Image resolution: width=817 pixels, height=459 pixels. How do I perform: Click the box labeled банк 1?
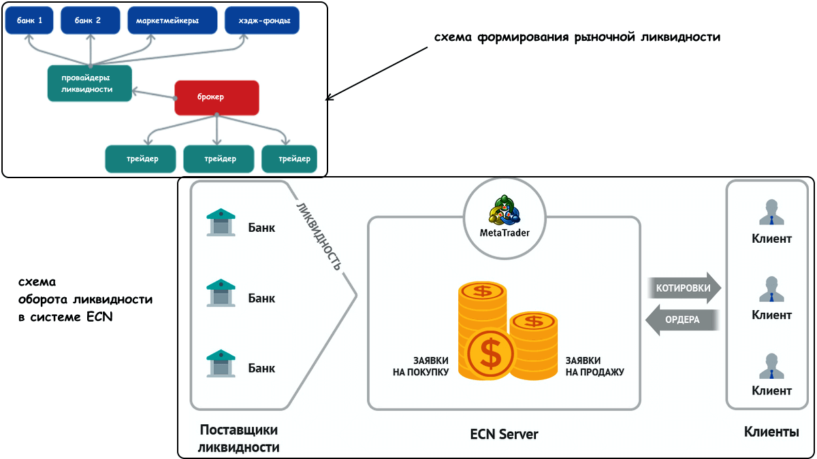(x=31, y=20)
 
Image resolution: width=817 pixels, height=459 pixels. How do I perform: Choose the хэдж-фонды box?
(x=261, y=20)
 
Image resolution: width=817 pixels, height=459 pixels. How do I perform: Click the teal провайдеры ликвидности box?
(x=89, y=83)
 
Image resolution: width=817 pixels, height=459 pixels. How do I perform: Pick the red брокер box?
(x=217, y=97)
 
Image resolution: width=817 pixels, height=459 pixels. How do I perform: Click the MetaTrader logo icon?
(x=504, y=211)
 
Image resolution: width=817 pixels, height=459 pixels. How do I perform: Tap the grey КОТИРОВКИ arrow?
(x=683, y=288)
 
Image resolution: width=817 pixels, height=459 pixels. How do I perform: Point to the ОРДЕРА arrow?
(x=682, y=320)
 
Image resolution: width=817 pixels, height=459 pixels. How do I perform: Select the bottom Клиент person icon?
(x=771, y=366)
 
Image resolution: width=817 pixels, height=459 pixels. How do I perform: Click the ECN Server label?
(x=504, y=434)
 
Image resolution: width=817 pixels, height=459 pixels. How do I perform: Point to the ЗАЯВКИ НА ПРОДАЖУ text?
(x=594, y=367)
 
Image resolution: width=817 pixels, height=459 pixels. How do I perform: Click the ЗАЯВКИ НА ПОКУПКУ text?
(x=421, y=367)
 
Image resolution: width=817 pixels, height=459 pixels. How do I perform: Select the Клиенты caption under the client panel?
(x=771, y=432)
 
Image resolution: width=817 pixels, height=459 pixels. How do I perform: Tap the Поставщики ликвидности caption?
(x=239, y=439)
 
